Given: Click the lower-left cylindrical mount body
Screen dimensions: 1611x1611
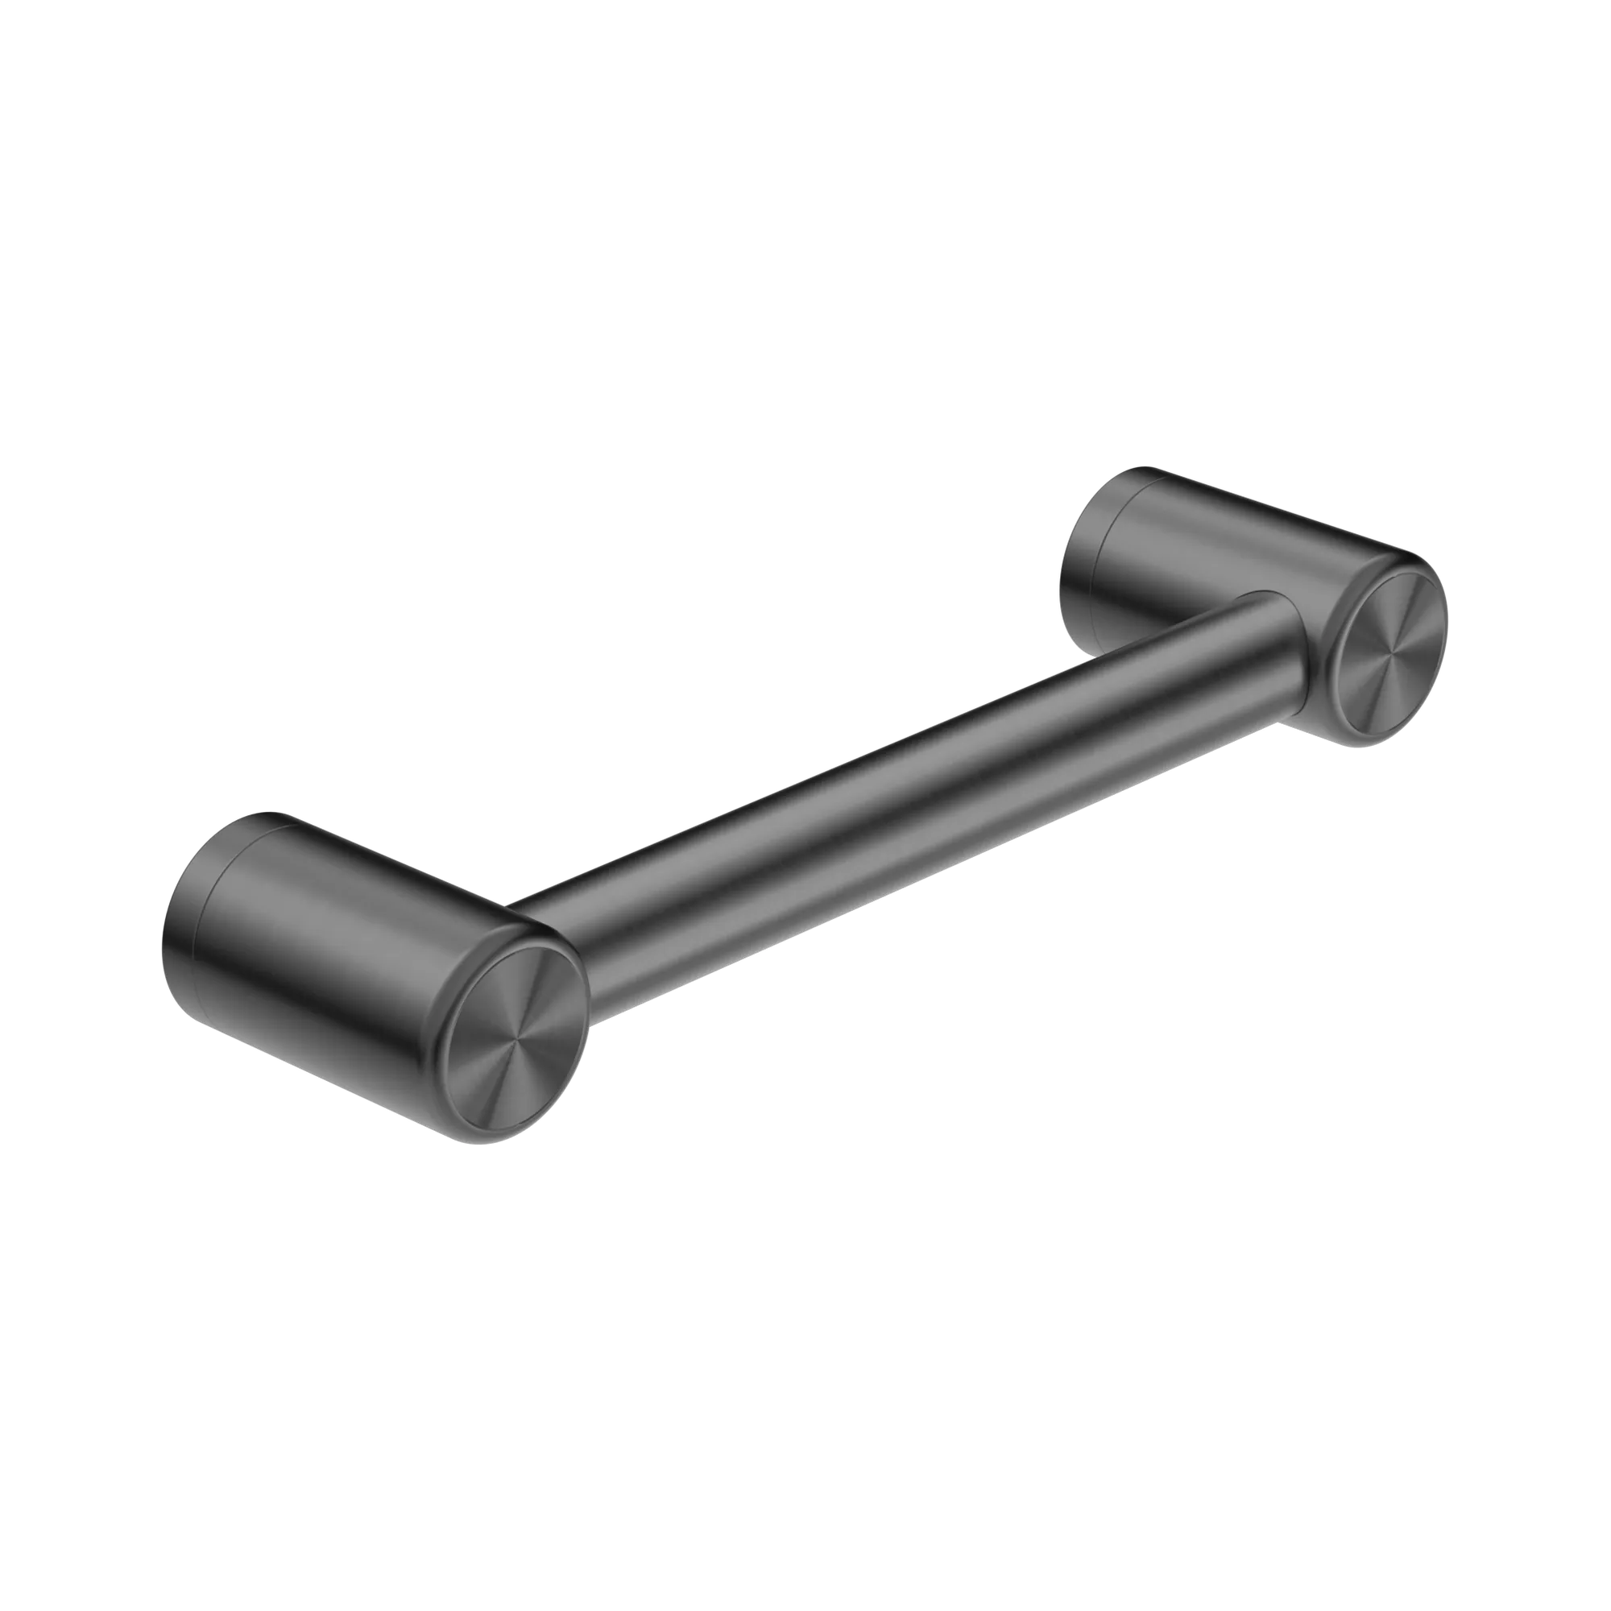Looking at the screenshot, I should (350, 942).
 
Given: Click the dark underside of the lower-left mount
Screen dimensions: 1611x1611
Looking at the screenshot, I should (333, 1042).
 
